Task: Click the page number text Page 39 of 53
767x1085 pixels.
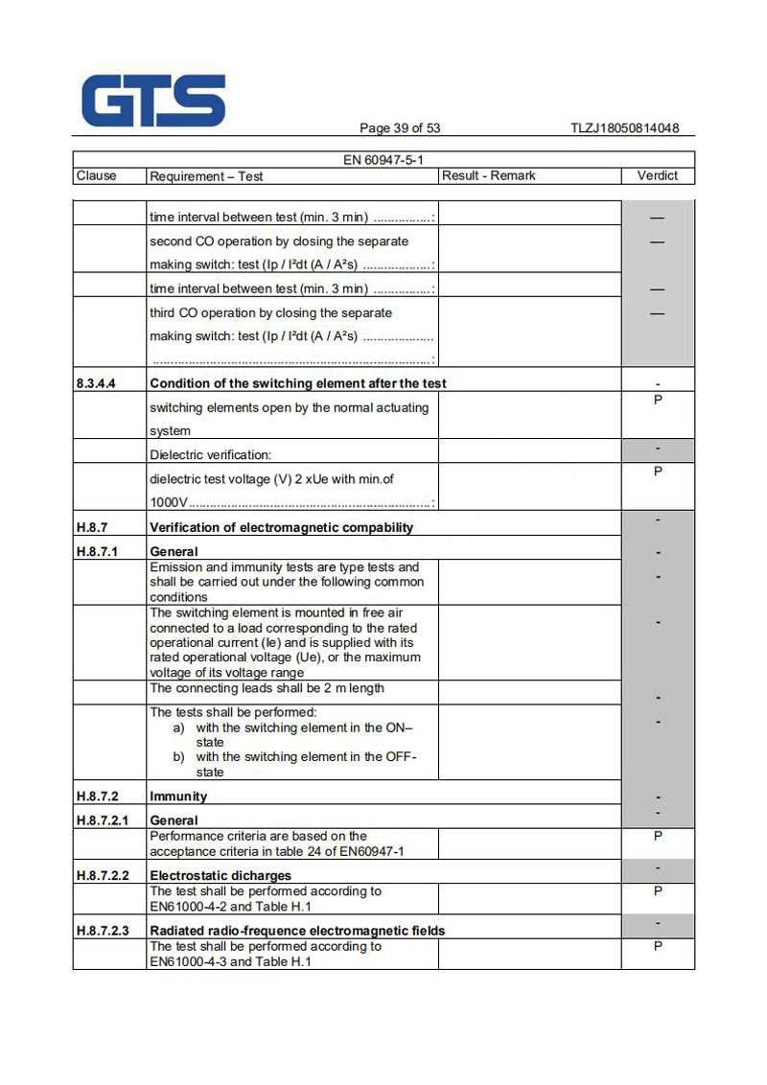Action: pos(400,128)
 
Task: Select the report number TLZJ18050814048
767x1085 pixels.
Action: pos(624,128)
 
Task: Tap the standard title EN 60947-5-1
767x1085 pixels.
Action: pos(383,160)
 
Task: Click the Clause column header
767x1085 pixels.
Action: pos(96,176)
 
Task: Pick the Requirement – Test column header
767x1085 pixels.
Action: pos(206,176)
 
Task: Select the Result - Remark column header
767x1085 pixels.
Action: pos(489,176)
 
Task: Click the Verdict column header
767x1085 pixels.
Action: pos(658,176)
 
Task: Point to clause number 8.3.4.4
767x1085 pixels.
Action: pos(96,383)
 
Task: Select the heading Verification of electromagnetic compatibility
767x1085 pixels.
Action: pos(282,527)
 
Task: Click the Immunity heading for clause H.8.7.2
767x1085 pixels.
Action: pos(178,796)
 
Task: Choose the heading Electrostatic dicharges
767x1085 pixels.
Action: pos(221,876)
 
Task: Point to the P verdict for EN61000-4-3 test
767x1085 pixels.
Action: pos(658,947)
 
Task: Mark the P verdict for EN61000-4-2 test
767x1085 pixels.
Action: pos(658,891)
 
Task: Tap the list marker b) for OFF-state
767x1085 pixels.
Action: pos(179,757)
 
